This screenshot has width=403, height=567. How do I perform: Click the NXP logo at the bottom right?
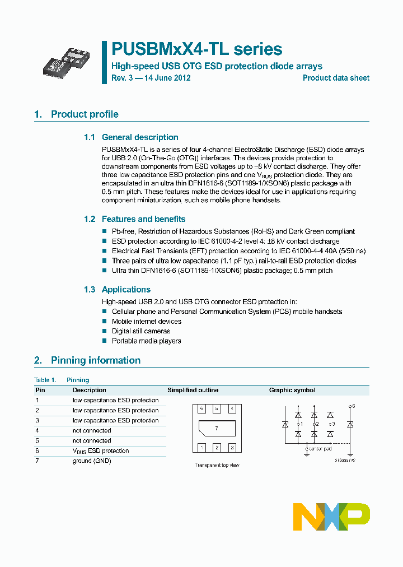(x=331, y=517)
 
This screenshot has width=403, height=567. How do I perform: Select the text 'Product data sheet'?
(x=336, y=78)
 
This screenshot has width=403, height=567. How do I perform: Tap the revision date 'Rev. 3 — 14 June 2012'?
(x=151, y=78)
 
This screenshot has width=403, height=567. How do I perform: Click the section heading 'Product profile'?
(x=85, y=114)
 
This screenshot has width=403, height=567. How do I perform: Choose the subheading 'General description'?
(x=140, y=137)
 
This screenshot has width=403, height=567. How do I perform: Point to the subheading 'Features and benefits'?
(x=143, y=219)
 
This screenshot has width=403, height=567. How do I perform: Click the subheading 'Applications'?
(x=126, y=290)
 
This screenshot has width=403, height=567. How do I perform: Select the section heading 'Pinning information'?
(x=96, y=360)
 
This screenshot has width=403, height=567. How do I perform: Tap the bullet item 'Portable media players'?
(x=146, y=341)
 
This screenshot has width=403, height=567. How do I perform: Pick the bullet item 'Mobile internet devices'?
(x=147, y=322)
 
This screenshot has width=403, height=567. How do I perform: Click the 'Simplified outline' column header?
(x=193, y=390)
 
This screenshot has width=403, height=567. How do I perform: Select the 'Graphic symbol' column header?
(x=292, y=390)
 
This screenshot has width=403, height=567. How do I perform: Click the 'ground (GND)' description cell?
(x=92, y=461)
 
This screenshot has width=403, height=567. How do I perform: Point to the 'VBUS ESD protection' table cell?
(x=101, y=450)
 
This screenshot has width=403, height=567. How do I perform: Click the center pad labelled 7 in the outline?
(x=217, y=428)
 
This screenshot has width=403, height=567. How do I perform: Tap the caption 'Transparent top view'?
(x=217, y=465)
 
